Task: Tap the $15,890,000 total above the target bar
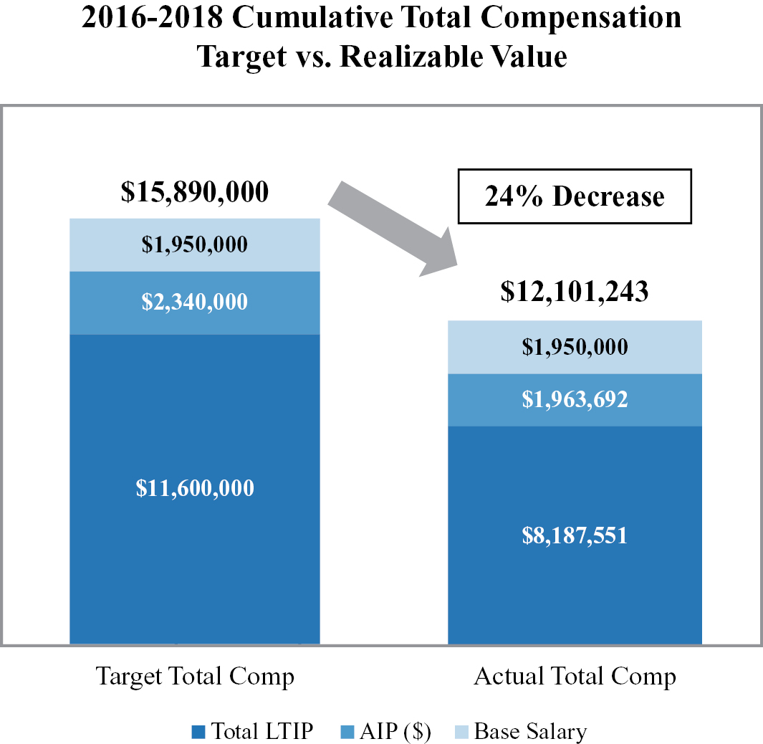pos(194,192)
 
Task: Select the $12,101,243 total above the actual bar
pos(575,292)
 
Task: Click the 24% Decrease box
pos(575,196)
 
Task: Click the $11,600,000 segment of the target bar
pos(194,489)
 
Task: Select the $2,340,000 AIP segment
pos(194,302)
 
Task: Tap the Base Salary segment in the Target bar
pos(194,244)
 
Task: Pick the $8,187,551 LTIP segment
pos(575,535)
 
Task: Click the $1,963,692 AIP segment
pos(575,399)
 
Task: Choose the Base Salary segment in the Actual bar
pos(575,347)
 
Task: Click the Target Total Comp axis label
pos(195,677)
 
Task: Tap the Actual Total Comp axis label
pos(575,677)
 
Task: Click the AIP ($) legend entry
pos(395,732)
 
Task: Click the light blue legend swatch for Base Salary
pos(462,732)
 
